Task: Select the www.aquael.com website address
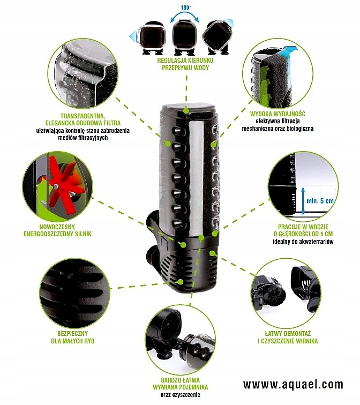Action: tap(292, 385)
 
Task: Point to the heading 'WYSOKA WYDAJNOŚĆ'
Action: tap(277, 114)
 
